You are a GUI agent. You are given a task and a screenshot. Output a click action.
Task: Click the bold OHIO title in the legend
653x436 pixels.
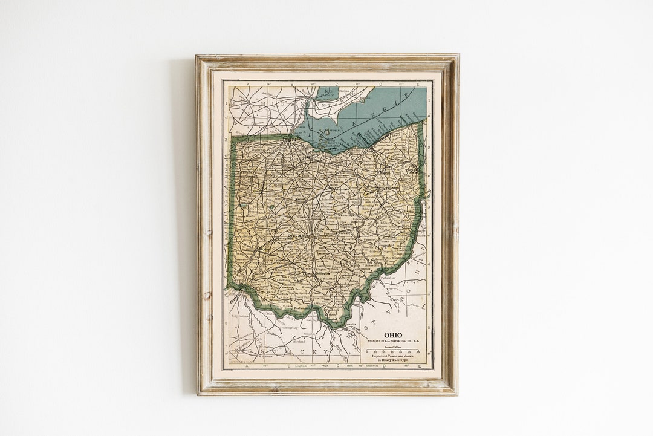pyautogui.click(x=393, y=336)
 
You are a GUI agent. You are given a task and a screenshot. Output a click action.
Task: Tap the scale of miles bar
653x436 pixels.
pyautogui.click(x=393, y=351)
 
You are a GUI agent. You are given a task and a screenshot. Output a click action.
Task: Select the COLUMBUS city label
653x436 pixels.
pyautogui.click(x=297, y=235)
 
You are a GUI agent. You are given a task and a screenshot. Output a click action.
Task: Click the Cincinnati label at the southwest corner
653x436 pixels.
pyautogui.click(x=233, y=297)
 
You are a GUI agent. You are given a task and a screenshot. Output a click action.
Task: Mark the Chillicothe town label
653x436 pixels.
pyautogui.click(x=322, y=273)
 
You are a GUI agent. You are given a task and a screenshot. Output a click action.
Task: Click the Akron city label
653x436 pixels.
pyautogui.click(x=385, y=172)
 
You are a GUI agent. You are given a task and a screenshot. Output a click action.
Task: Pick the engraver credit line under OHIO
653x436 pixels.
pyautogui.click(x=393, y=342)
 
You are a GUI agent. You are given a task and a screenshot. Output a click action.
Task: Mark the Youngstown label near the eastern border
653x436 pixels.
pyautogui.click(x=413, y=171)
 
